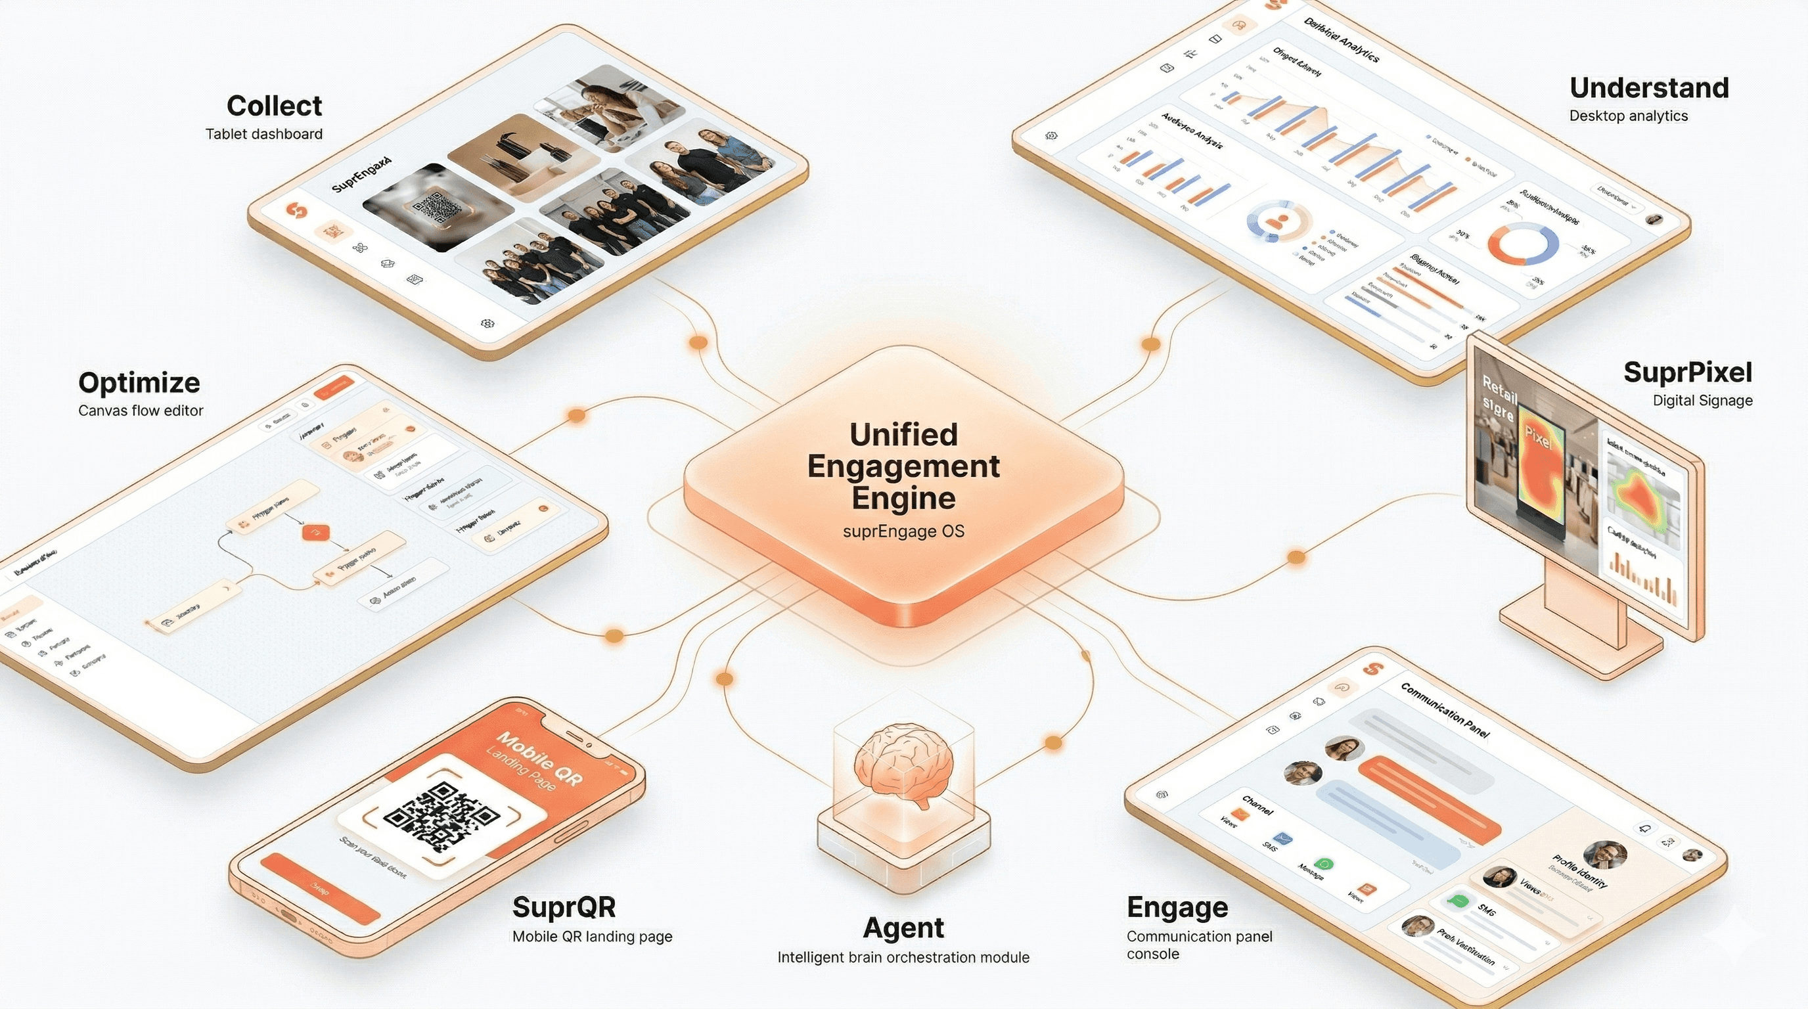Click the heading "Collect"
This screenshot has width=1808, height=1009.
[x=274, y=106]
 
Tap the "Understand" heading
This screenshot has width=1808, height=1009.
[x=1648, y=89]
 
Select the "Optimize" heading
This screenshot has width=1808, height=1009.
[x=139, y=383]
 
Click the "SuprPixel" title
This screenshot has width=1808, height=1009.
[x=1687, y=372]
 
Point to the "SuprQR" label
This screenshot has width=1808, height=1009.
[x=564, y=907]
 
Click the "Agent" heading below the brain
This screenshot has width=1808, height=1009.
[x=903, y=928]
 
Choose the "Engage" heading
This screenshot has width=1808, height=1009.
[x=1177, y=907]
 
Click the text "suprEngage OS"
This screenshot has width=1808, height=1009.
[x=903, y=531]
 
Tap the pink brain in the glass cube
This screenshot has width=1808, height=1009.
[x=903, y=765]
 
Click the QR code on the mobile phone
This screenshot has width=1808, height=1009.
[x=441, y=817]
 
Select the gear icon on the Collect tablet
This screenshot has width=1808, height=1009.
[x=487, y=323]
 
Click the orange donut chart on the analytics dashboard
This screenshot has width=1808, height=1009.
[x=1524, y=244]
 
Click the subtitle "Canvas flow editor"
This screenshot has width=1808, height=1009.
[x=141, y=411]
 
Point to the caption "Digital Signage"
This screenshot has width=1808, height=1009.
[x=1702, y=401]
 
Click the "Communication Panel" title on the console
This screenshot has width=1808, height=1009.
[x=1445, y=710]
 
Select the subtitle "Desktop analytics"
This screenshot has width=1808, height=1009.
[x=1629, y=116]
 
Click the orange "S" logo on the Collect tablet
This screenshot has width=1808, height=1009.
[x=298, y=210]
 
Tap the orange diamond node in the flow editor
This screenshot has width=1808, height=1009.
[x=316, y=533]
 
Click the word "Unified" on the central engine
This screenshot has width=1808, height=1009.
[x=903, y=435]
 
